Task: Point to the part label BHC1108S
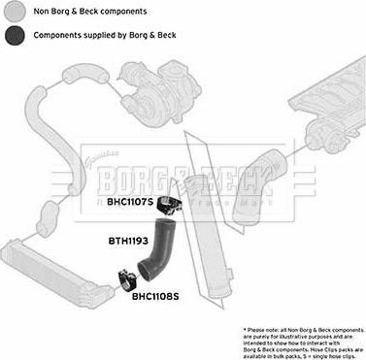click(155, 298)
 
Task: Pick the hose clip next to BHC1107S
click(174, 202)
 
